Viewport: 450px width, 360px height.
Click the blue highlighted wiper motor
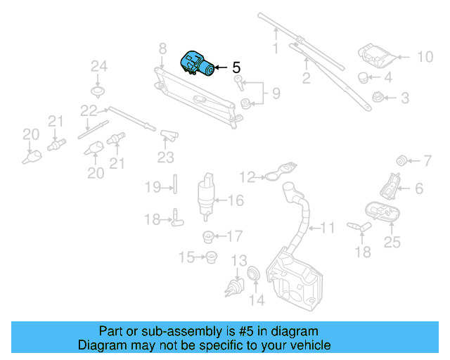(198, 65)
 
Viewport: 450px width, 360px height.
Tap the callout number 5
(236, 68)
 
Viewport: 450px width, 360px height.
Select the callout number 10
(426, 57)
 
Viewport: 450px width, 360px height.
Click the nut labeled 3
(378, 98)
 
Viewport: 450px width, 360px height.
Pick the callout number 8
(162, 49)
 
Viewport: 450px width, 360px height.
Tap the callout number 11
(328, 228)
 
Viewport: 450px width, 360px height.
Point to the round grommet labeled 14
(254, 272)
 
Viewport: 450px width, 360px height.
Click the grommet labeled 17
(209, 236)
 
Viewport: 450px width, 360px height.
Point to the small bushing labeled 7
(403, 157)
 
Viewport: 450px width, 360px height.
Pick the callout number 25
(392, 243)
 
